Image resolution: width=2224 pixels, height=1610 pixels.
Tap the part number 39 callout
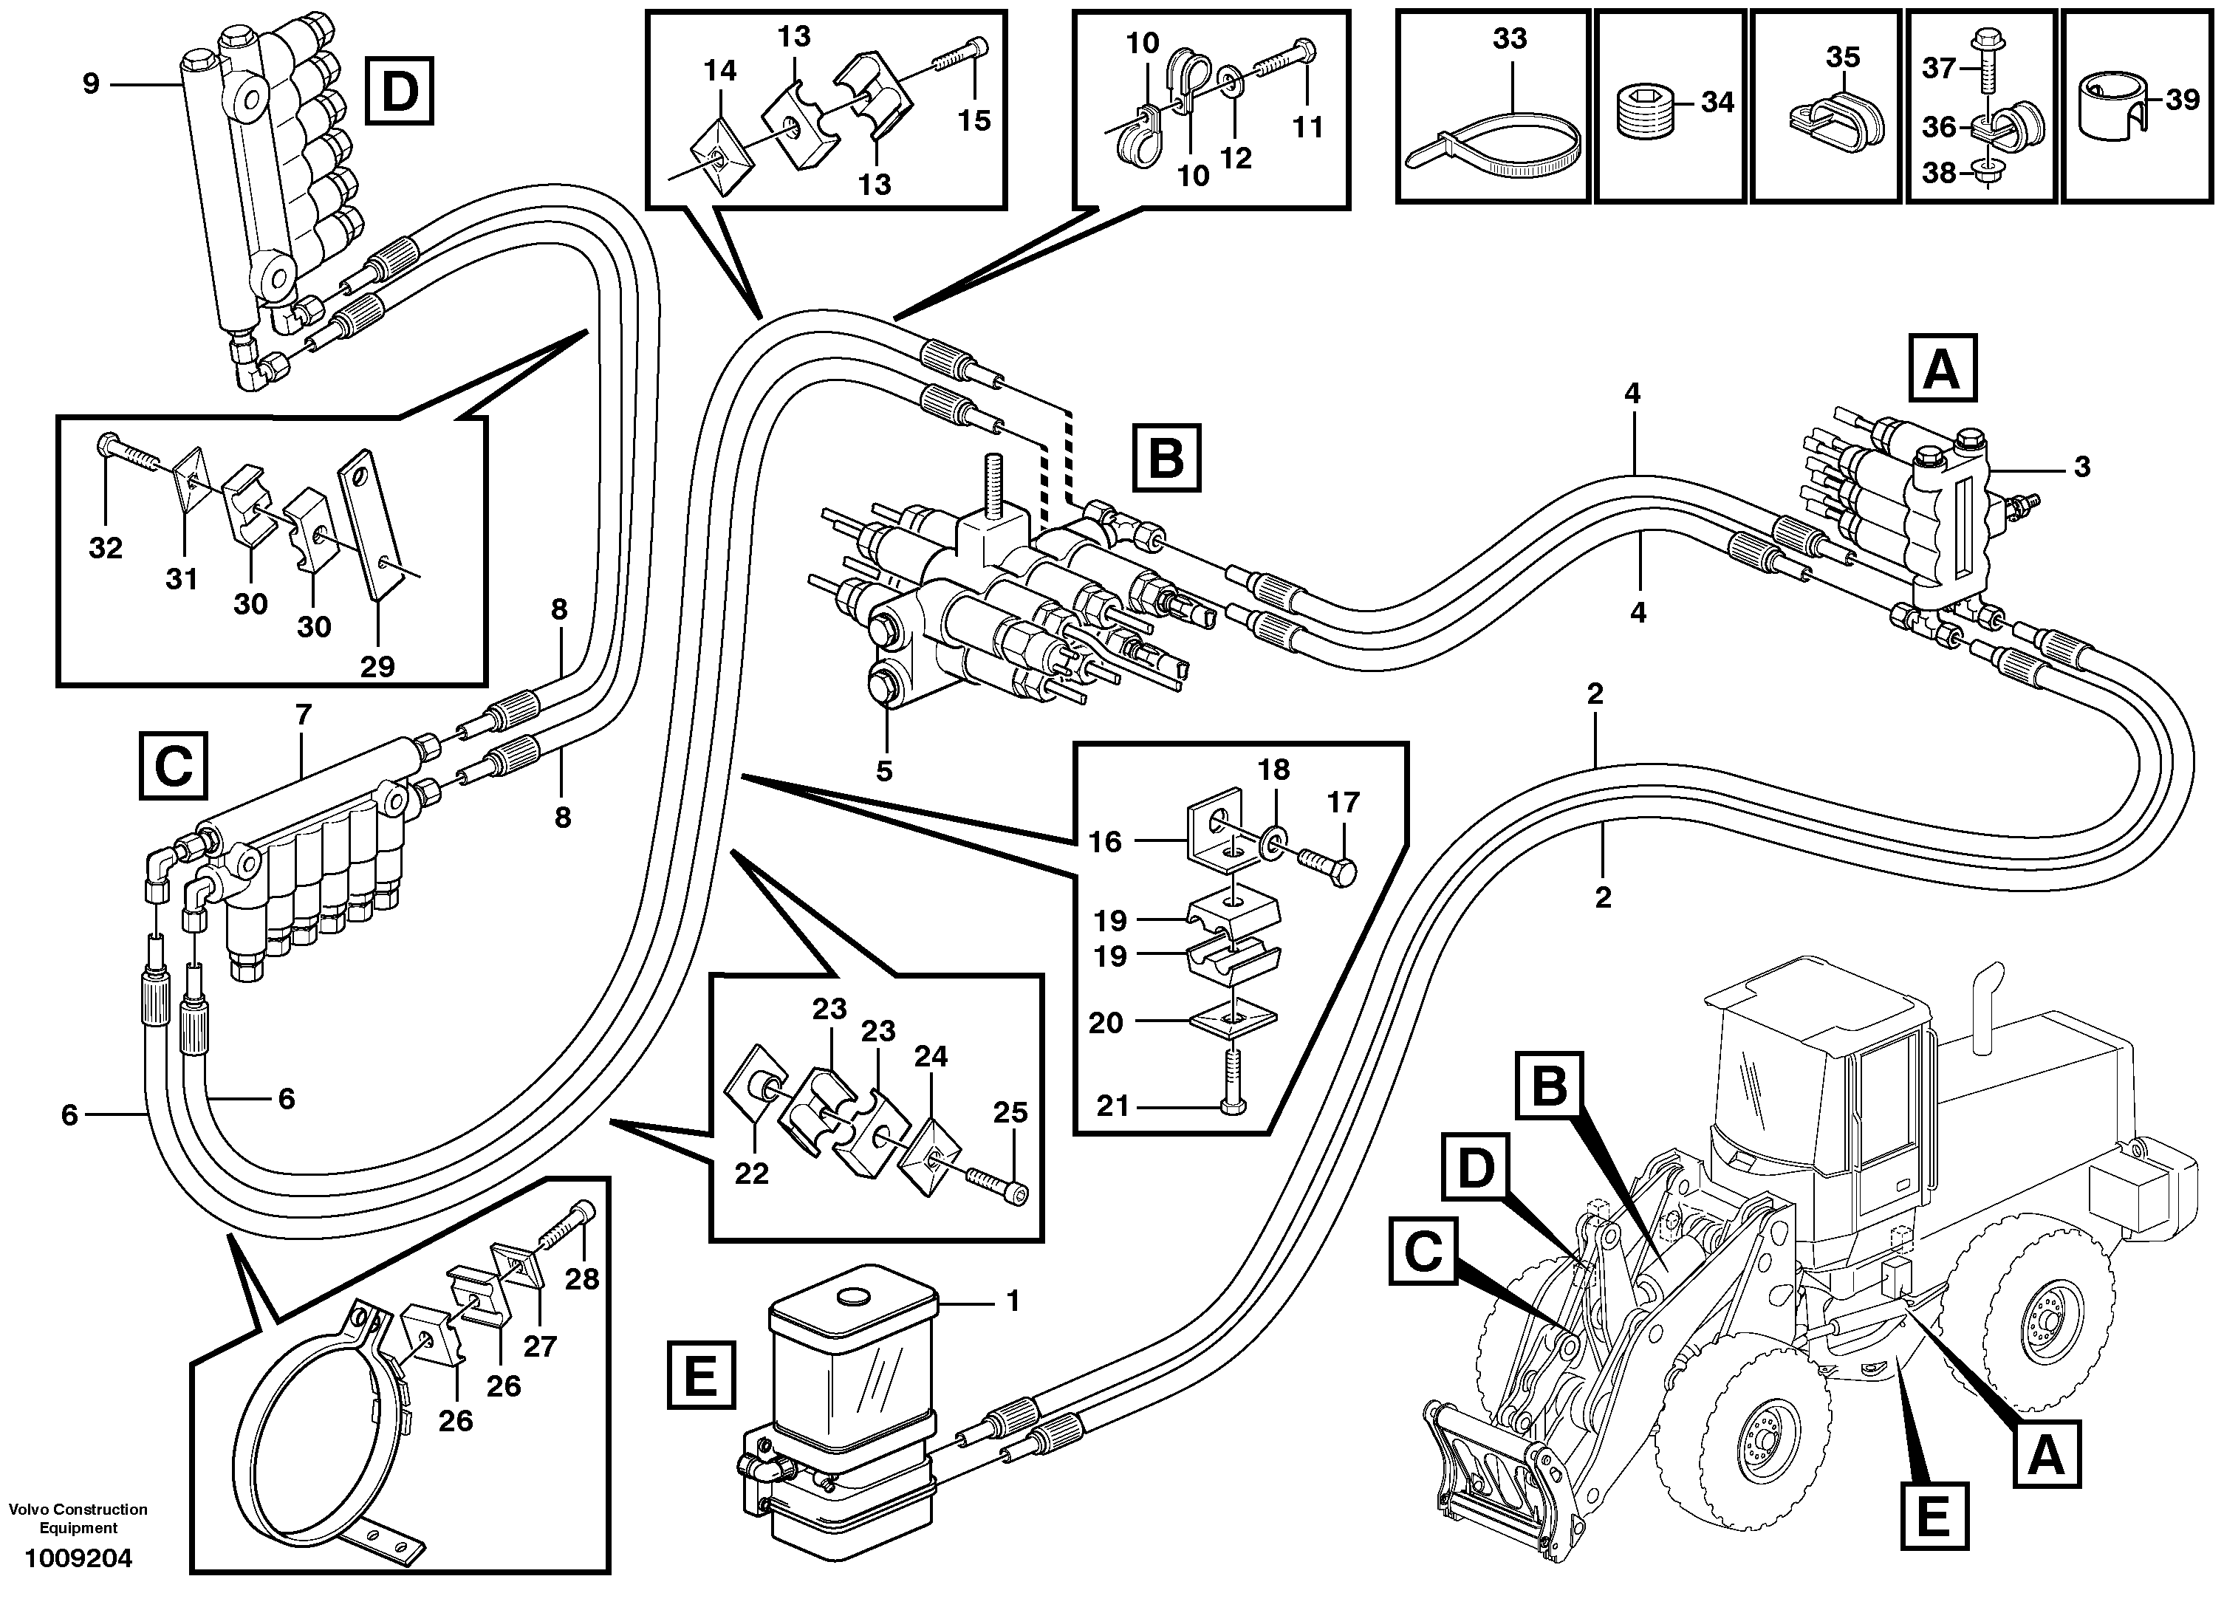pos(2182,99)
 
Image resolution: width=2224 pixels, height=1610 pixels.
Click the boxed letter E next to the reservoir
pos(701,1377)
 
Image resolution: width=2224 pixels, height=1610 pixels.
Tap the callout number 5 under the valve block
pos(883,771)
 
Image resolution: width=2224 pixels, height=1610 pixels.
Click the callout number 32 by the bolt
pos(105,547)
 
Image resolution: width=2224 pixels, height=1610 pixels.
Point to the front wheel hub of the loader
pos(1766,1442)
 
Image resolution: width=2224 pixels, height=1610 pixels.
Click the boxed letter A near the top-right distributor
pos(1942,369)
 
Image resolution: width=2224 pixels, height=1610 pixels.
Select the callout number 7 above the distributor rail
pos(303,715)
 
